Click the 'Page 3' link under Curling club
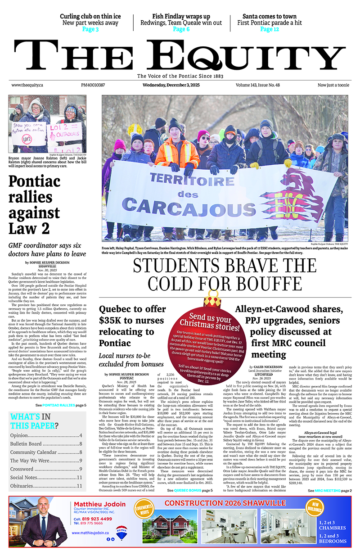click(x=90, y=29)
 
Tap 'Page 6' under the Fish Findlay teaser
click(x=181, y=29)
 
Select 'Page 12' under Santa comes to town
click(x=270, y=29)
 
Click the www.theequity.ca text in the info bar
click(x=27, y=85)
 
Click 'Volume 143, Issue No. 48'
click(x=264, y=85)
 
